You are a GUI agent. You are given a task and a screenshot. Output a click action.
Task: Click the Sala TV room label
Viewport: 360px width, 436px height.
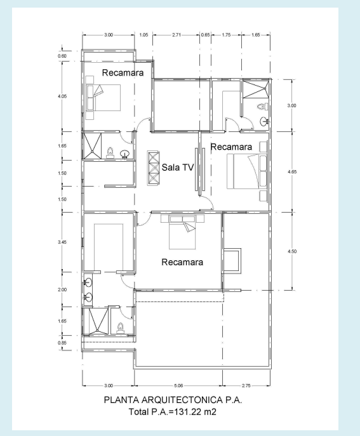click(178, 167)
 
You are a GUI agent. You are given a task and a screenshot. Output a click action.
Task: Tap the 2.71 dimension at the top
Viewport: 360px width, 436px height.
click(177, 35)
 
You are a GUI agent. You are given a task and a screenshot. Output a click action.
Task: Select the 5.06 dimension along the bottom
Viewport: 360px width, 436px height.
click(178, 386)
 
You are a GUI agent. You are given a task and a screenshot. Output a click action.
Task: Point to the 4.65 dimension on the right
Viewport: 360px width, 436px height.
click(292, 171)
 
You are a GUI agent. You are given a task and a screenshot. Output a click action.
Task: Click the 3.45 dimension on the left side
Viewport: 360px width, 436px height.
click(62, 242)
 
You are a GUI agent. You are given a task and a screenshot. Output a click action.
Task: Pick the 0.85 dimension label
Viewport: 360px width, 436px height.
click(62, 343)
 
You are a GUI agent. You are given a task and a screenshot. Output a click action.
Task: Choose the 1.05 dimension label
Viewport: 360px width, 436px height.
click(143, 35)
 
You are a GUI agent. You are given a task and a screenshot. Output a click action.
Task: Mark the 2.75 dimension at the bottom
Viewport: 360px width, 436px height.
click(246, 386)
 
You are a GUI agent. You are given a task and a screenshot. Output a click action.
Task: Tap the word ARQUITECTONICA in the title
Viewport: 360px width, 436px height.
click(182, 400)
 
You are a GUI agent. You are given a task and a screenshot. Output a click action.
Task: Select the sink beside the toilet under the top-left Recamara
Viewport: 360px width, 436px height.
click(124, 154)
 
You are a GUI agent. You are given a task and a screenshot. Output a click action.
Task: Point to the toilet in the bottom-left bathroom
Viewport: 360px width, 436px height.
click(120, 328)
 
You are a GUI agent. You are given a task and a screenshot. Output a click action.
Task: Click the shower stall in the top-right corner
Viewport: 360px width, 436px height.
click(256, 89)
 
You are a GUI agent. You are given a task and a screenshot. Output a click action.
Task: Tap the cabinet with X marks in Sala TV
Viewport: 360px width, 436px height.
click(154, 168)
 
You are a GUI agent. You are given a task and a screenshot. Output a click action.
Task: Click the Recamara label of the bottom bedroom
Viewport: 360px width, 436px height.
click(182, 262)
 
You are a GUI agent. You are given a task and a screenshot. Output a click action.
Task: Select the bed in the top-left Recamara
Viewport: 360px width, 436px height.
click(103, 98)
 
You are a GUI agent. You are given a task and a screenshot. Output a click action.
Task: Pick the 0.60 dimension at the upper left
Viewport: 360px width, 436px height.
click(62, 56)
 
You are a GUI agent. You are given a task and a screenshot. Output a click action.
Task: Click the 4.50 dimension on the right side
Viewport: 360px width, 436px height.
click(292, 251)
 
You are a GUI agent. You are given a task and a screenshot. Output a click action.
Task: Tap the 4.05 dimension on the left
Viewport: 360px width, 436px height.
click(62, 96)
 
